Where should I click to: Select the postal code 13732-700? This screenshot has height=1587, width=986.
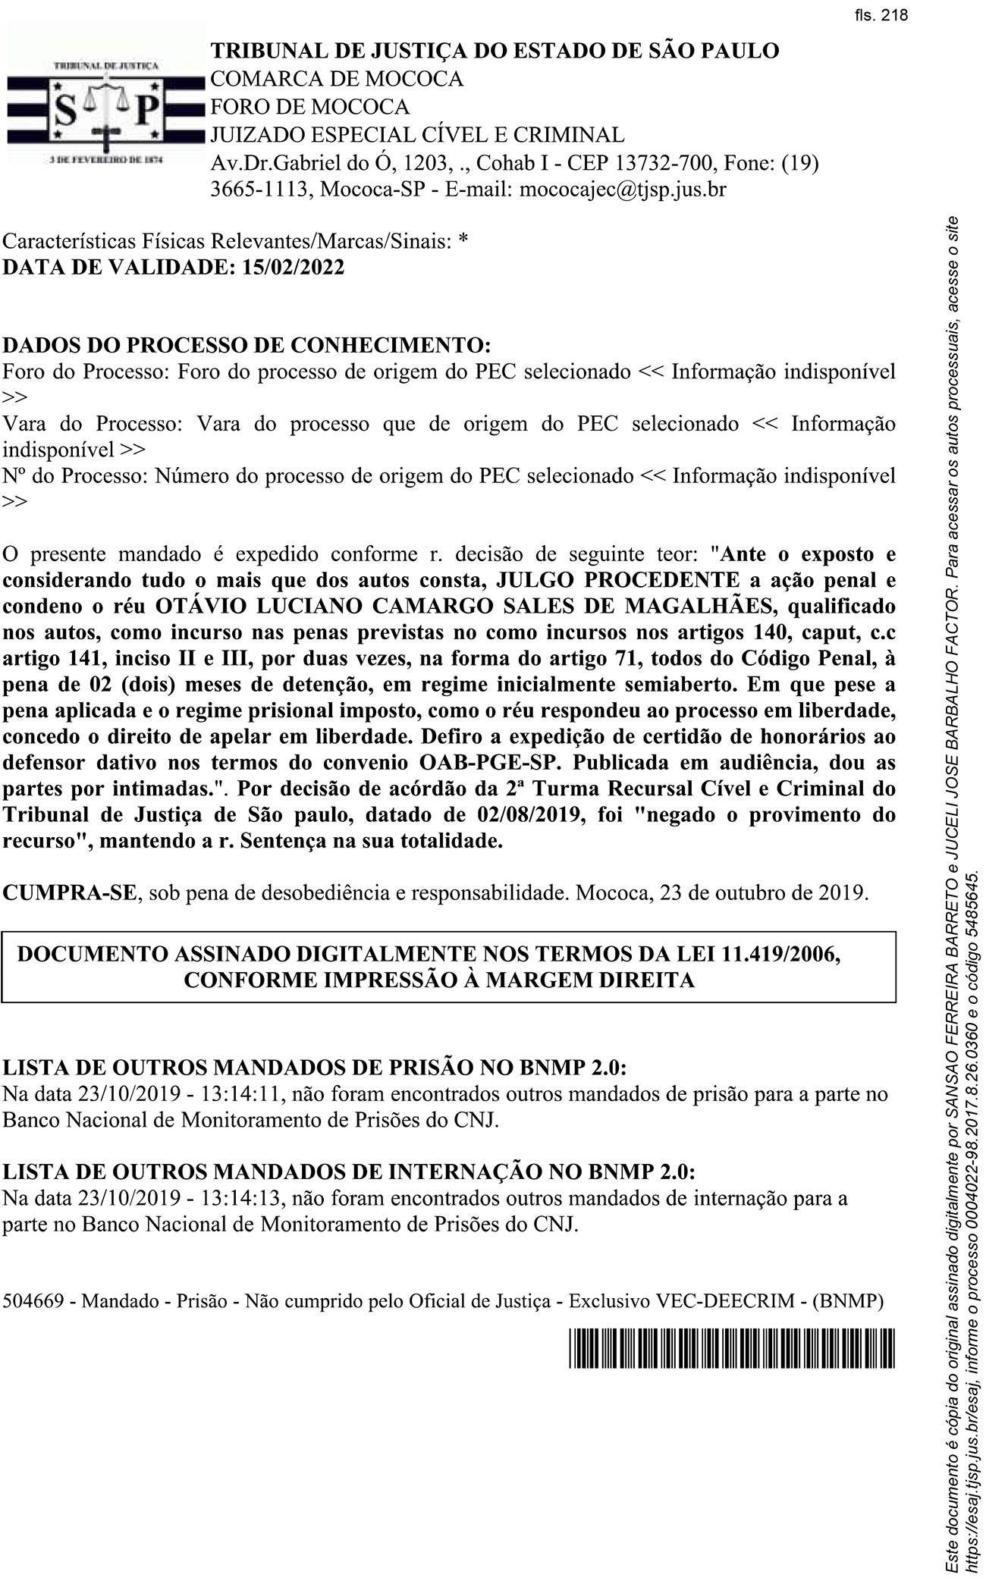tap(664, 162)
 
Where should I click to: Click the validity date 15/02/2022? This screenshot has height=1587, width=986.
tap(292, 267)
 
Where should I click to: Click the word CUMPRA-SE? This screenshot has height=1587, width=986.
tap(70, 892)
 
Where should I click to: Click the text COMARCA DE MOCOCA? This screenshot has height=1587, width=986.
tap(336, 79)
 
